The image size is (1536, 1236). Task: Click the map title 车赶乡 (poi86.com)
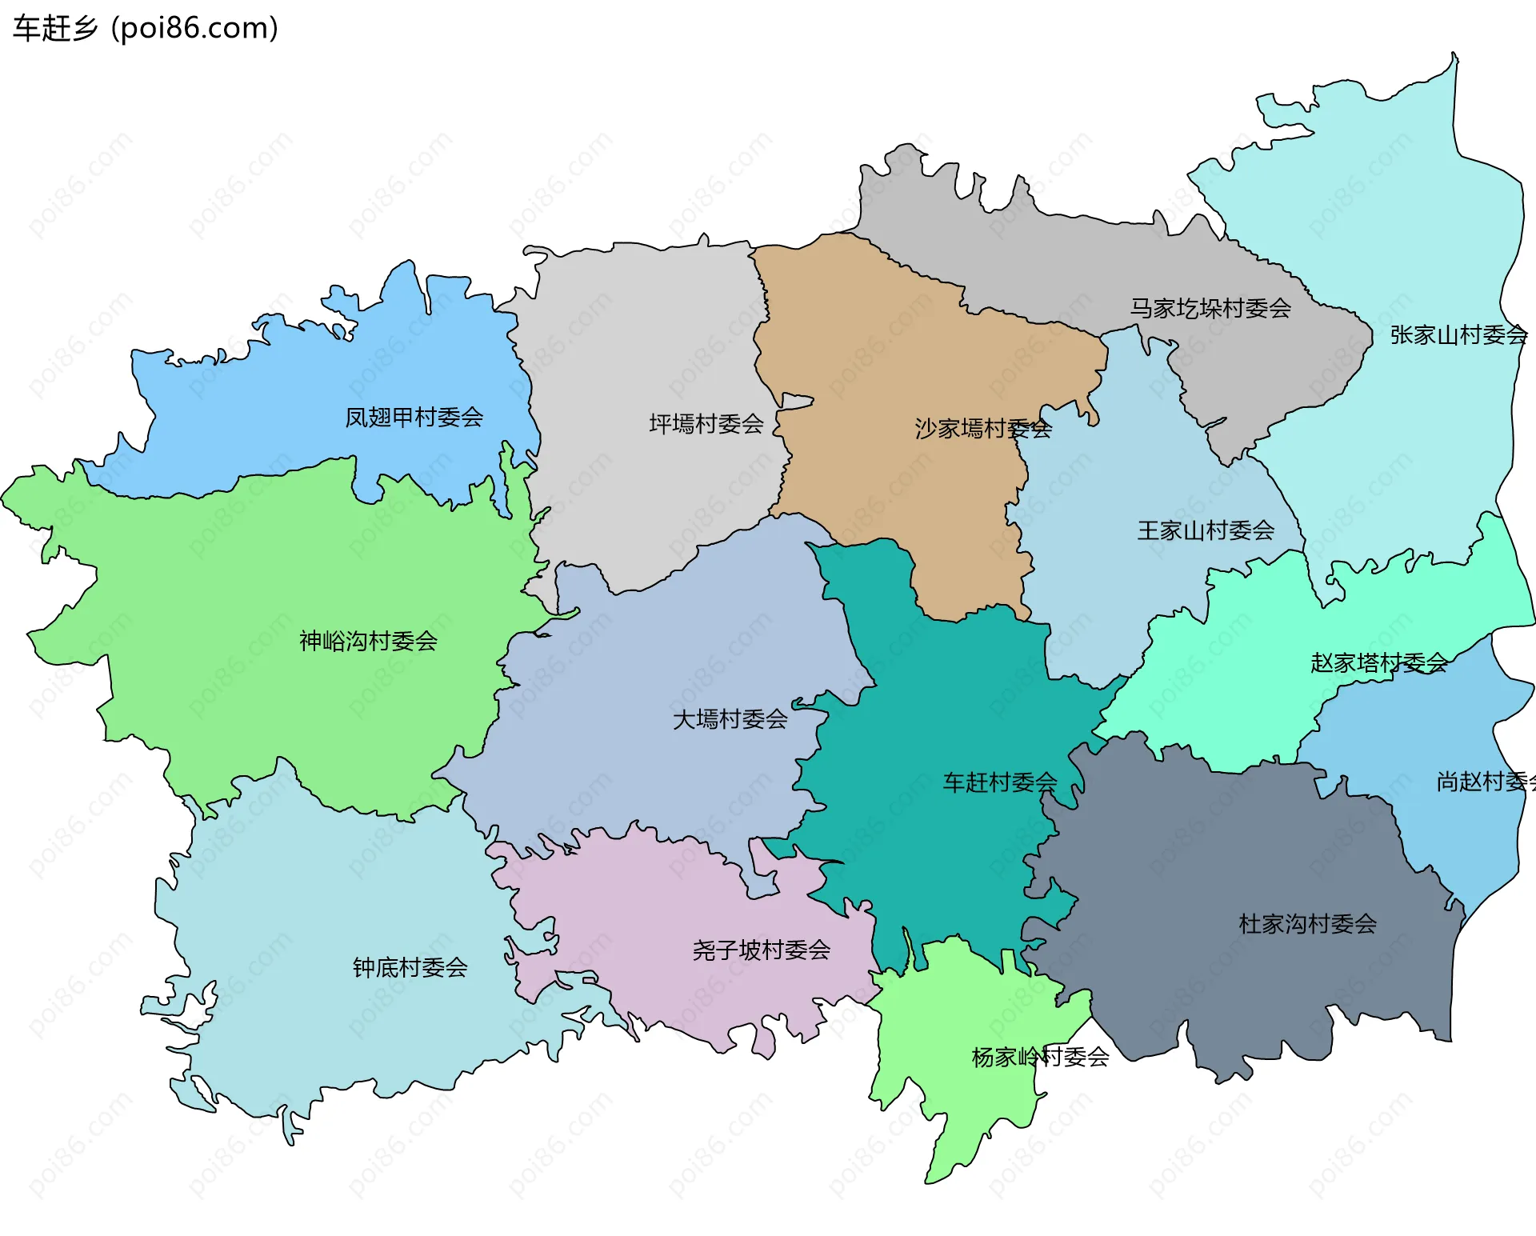146,29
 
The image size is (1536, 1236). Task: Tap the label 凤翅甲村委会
414,418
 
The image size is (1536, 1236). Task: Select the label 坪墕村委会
706,424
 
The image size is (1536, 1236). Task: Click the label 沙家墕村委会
982,429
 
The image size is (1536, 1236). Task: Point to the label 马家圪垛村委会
1210,309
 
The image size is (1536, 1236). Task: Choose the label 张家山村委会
1458,335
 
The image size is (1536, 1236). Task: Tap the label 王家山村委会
1206,530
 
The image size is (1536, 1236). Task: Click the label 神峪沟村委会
368,642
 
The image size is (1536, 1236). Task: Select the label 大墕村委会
730,720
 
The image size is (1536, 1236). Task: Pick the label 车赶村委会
999,782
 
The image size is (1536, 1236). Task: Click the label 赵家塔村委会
1378,663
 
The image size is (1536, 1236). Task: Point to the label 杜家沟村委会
1307,925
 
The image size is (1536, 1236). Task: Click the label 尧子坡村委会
761,950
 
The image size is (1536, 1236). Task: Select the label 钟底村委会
410,968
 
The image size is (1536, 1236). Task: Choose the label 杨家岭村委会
1040,1058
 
